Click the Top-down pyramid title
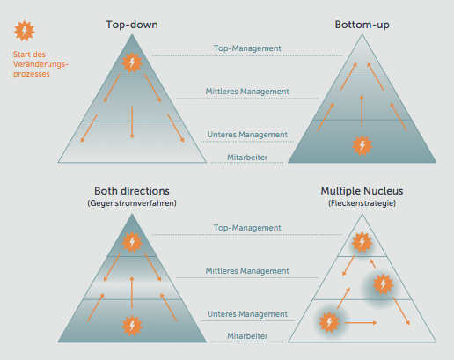(132, 25)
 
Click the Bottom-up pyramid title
(362, 25)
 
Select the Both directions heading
(132, 191)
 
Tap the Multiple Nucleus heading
(362, 191)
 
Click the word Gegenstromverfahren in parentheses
(132, 203)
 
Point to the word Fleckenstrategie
(362, 203)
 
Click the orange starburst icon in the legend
(25, 31)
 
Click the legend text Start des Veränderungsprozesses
(40, 64)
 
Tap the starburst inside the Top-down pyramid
(132, 62)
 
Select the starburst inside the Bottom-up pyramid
(362, 145)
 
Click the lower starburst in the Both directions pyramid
(132, 326)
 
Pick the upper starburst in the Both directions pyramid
(132, 242)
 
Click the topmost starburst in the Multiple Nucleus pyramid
(362, 242)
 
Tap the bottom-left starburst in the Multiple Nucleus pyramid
(329, 322)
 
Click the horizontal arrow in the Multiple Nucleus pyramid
(361, 323)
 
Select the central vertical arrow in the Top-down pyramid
(132, 122)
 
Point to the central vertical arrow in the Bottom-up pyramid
(362, 111)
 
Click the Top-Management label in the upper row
(247, 48)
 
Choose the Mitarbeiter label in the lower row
(247, 336)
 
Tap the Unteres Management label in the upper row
(247, 135)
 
